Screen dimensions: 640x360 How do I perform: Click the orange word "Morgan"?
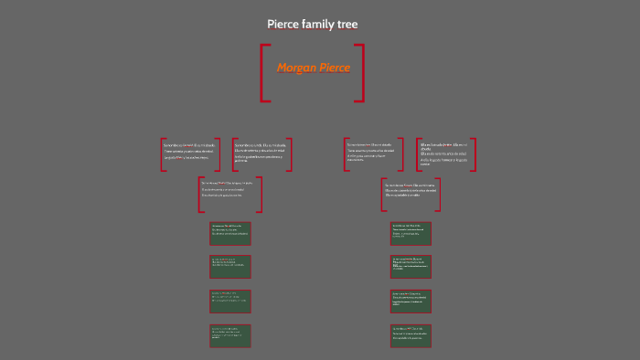pos(296,68)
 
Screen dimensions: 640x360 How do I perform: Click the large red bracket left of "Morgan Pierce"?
pos(264,72)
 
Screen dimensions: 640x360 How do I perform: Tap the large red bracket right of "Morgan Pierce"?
pos(360,72)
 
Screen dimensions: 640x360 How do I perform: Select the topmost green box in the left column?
pos(229,233)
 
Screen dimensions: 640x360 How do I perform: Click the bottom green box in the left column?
pos(229,335)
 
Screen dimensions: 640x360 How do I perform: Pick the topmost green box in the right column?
pos(411,233)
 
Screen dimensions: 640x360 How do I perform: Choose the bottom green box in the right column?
pos(411,335)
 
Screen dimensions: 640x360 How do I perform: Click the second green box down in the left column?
pos(229,266)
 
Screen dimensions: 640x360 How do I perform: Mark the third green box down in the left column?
pos(229,301)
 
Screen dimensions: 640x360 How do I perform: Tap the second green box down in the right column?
pos(411,266)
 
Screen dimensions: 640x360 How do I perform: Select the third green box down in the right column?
pos(411,301)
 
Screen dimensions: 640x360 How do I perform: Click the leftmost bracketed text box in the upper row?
pos(190,154)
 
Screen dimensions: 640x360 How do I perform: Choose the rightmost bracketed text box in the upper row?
pos(447,154)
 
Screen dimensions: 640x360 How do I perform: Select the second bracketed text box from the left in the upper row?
pos(261,154)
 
